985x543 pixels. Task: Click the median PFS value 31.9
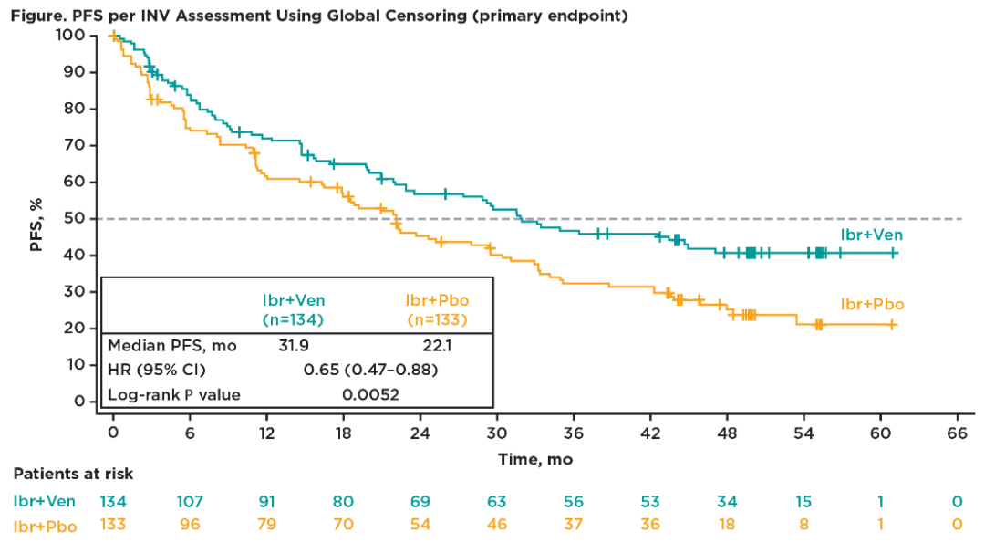[295, 346]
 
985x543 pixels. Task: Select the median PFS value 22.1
[436, 346]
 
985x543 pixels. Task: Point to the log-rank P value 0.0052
[370, 395]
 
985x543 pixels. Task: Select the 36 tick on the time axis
[575, 433]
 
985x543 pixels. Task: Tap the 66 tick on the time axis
[958, 433]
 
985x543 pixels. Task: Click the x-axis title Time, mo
[535, 459]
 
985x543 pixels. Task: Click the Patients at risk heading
[73, 474]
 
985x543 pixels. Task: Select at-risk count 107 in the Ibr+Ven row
[190, 501]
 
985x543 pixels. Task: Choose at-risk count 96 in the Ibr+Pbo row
[190, 527]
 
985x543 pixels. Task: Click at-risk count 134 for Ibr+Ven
[113, 501]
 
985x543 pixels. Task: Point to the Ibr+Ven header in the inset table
[294, 300]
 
